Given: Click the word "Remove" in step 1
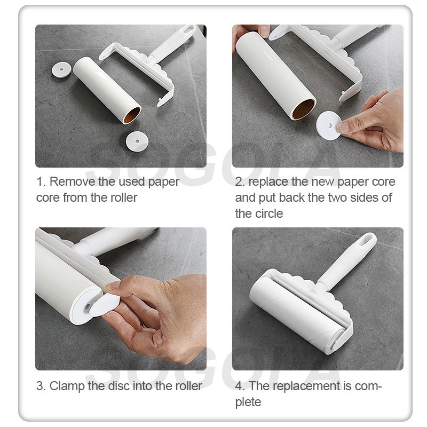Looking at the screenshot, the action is pos(72,181).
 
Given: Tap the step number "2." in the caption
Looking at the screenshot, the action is pos(240,181).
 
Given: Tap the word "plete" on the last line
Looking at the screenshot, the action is pos(248,402).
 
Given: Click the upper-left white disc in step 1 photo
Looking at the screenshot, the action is pos(61,70).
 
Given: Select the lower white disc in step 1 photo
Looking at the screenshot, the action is pos(137,141).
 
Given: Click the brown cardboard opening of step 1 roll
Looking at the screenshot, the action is pos(132,115).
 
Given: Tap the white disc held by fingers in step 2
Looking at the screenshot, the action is pos(329,125).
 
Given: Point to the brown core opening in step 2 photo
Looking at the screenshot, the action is pos(304,109).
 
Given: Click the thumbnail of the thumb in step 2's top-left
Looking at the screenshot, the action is pos(264,31).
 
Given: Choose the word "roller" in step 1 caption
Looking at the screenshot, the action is pos(124,197).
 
